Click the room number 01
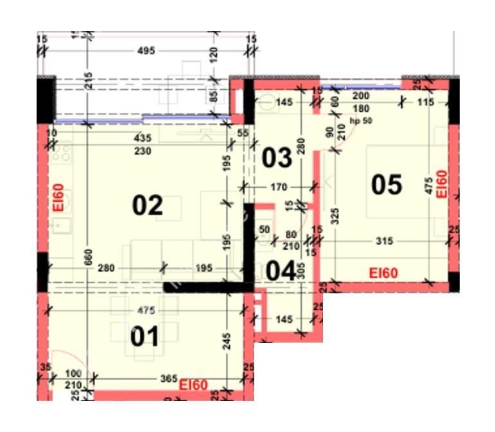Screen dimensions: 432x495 coord(144,336)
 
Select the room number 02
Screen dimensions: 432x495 coord(148,205)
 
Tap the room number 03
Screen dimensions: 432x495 coord(277,157)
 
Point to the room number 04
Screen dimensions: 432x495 coord(281,271)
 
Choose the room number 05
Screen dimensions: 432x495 coord(386,185)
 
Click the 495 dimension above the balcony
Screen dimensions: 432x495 coord(146,51)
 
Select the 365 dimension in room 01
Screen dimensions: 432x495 coord(168,379)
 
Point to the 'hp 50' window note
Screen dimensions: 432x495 coord(361,121)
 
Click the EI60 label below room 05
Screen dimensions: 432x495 coord(383,273)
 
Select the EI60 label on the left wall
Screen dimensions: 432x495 coord(58,197)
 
